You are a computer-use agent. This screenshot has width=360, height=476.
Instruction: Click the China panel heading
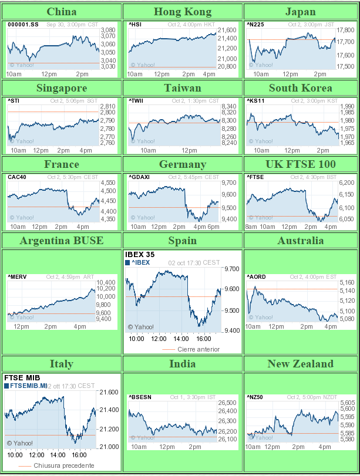pyautogui.click(x=61, y=11)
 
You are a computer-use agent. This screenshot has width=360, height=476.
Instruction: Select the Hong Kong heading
pyautogui.click(x=182, y=11)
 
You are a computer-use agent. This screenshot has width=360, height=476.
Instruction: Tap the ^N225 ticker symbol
pyautogui.click(x=254, y=24)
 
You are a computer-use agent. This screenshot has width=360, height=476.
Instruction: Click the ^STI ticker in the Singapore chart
pyautogui.click(x=14, y=100)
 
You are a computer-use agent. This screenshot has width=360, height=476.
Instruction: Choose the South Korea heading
pyautogui.click(x=300, y=87)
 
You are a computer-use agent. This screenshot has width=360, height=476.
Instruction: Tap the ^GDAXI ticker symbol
pyautogui.click(x=140, y=177)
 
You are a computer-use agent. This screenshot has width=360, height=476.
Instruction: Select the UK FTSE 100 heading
pyautogui.click(x=300, y=164)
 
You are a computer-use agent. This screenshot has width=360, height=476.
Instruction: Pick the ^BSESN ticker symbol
pyautogui.click(x=140, y=397)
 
